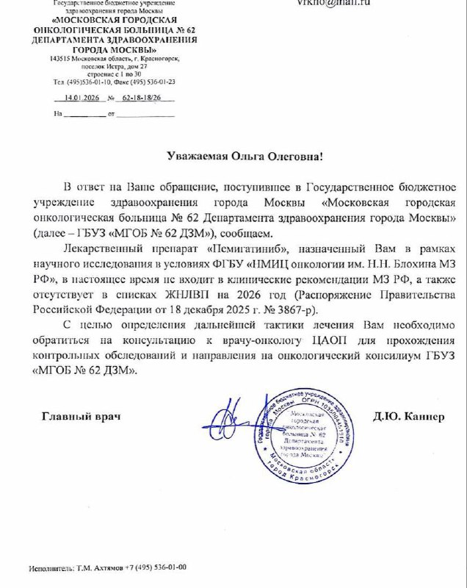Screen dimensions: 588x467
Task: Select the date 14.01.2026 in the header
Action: pos(82,97)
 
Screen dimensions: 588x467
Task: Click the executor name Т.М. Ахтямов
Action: pos(98,568)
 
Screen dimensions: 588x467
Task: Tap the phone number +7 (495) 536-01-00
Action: pos(155,568)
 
